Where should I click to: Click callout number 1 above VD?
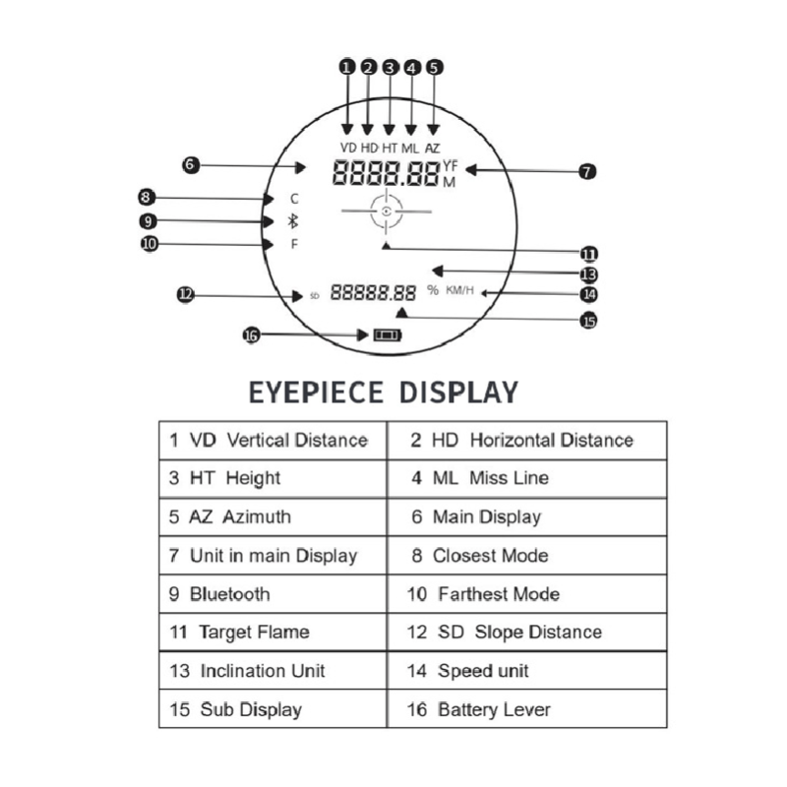[x=346, y=68]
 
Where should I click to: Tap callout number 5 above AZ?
[x=434, y=68]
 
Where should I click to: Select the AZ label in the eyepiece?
[x=433, y=148]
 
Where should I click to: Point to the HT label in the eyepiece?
[x=390, y=148]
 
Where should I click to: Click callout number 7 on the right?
[x=587, y=171]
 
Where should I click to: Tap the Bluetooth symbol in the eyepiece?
[x=291, y=220]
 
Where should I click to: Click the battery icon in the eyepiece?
[x=388, y=335]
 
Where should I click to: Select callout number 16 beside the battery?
[x=251, y=335]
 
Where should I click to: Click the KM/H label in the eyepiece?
[x=460, y=290]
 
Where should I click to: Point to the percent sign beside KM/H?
[x=433, y=290]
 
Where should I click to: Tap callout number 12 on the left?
[x=185, y=293]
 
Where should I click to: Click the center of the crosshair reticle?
[x=388, y=212]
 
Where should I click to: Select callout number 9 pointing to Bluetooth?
[x=148, y=220]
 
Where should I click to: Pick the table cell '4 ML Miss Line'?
[x=526, y=478]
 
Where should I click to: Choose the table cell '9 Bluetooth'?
[x=272, y=594]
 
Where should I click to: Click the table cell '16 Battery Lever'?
[x=526, y=709]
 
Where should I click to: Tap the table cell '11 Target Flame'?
[x=272, y=633]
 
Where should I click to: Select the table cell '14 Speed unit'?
[x=526, y=671]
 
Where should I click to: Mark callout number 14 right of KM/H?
[x=588, y=293]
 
